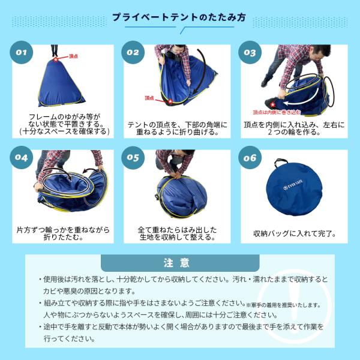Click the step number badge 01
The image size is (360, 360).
pos(22,52)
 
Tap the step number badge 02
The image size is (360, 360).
pos(133,52)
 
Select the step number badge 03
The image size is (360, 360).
pos(250,52)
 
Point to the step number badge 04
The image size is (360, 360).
pos(22,159)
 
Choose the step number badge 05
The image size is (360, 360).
pos(133,159)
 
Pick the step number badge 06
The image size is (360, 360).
pos(250,159)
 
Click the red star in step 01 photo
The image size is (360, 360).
pos(56,59)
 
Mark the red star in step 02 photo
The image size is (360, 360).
pos(170,101)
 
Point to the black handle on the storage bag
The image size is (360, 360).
pos(283,164)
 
